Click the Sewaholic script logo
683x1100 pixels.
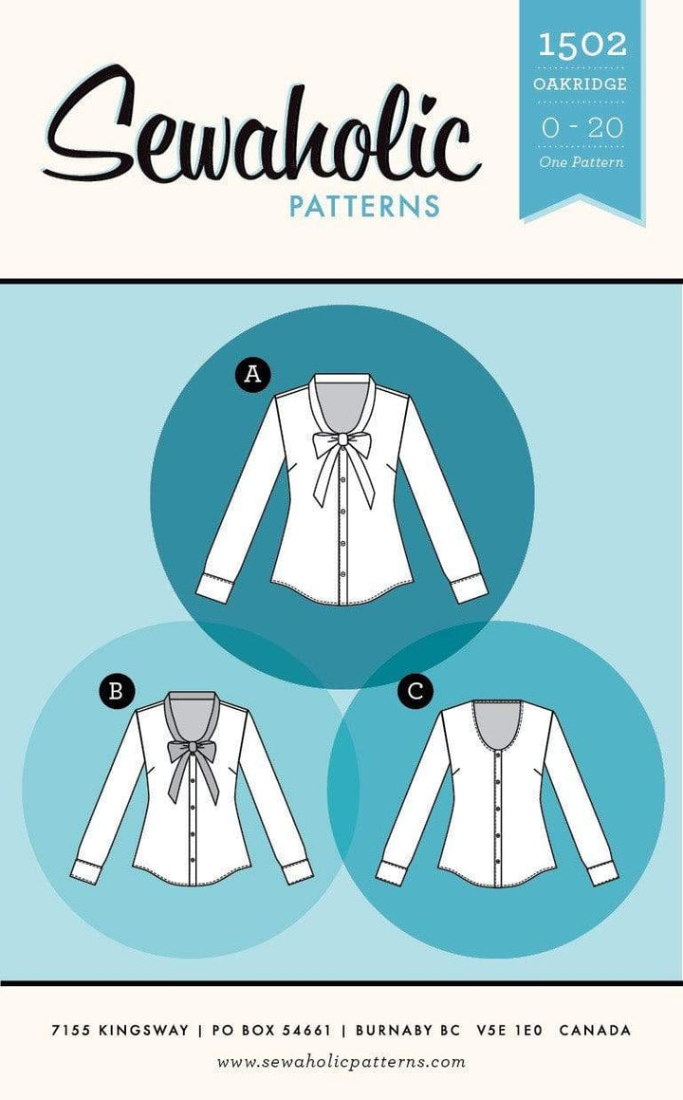pyautogui.click(x=260, y=125)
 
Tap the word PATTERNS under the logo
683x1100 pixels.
pyautogui.click(x=364, y=206)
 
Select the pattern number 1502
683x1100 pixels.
pyautogui.click(x=582, y=45)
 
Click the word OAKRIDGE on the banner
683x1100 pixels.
pyautogui.click(x=580, y=84)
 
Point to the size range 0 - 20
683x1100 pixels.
pyautogui.click(x=581, y=128)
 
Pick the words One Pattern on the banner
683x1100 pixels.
pyautogui.click(x=581, y=162)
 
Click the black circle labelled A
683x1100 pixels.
pyautogui.click(x=252, y=374)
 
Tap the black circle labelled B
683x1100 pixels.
pyautogui.click(x=117, y=691)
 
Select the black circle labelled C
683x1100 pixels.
pyautogui.click(x=415, y=692)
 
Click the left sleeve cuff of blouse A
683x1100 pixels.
pyautogui.click(x=214, y=587)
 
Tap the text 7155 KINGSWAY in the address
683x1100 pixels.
pyautogui.click(x=120, y=1031)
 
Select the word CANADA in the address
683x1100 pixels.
pyautogui.click(x=596, y=1031)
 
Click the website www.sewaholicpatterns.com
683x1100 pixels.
pyautogui.click(x=341, y=1062)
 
